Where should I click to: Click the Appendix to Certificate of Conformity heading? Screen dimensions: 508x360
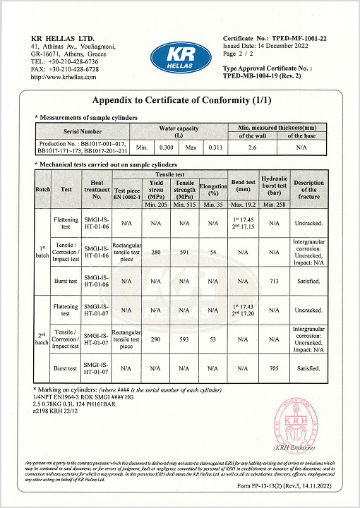[x=181, y=100]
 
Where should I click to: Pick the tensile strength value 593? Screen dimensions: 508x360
[x=186, y=340]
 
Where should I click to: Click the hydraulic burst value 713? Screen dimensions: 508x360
[x=272, y=281]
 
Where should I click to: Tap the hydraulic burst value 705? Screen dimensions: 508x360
[x=272, y=368]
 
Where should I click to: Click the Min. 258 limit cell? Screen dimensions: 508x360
[x=272, y=204]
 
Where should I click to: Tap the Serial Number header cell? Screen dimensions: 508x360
[x=83, y=131]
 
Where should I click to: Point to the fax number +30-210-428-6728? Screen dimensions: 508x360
[x=65, y=69]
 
